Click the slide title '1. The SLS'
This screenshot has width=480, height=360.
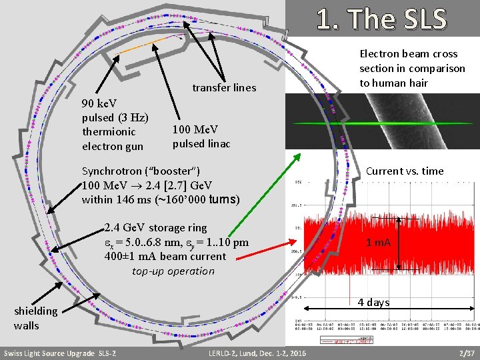[381, 19]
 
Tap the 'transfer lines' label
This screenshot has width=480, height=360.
[224, 87]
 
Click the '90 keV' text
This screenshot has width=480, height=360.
[99, 103]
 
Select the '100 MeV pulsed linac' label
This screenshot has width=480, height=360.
[201, 136]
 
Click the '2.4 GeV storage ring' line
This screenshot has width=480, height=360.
[155, 228]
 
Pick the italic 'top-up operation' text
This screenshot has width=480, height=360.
[173, 271]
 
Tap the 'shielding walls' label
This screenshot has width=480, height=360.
[35, 318]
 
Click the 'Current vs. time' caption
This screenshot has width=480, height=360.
[405, 171]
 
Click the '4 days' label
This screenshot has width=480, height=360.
[373, 302]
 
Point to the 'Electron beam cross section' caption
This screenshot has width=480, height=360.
[412, 68]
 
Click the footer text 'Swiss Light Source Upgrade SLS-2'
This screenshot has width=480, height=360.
[60, 352]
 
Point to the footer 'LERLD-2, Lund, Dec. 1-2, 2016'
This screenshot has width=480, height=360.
[257, 352]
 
